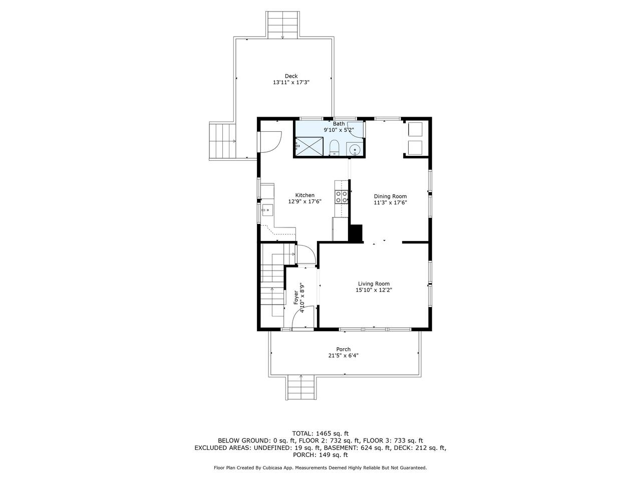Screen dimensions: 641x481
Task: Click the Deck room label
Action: tap(291, 76)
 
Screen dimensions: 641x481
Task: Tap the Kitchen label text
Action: tap(304, 195)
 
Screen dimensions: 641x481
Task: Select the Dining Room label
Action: tap(390, 196)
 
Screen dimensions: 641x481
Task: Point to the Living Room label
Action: tap(374, 284)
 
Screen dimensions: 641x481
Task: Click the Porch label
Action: tap(343, 349)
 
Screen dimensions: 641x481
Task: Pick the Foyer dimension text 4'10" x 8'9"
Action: tap(303, 297)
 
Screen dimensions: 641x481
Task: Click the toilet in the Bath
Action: tap(334, 148)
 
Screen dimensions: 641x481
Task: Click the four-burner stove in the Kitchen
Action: tap(342, 196)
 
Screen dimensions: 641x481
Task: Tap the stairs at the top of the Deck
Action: tap(282, 25)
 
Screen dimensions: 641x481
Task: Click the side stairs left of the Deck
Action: tap(222, 141)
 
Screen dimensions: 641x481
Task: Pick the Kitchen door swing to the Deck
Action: tap(66, 142)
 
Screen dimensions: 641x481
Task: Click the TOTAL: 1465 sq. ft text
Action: tap(320, 433)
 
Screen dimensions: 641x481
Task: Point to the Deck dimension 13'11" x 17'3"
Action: tap(291, 82)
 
